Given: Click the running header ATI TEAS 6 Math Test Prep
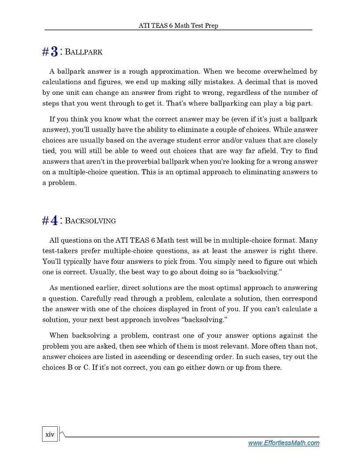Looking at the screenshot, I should (178, 26).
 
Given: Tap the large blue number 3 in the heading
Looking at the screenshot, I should (54, 52).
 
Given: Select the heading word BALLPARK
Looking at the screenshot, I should (83, 52).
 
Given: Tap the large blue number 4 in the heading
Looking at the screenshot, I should (54, 220).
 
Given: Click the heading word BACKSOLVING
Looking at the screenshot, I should (90, 220).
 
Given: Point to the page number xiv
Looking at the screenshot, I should (50, 435).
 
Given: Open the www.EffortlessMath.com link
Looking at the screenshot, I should (284, 443).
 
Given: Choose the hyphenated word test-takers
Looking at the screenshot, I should (60, 251).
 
